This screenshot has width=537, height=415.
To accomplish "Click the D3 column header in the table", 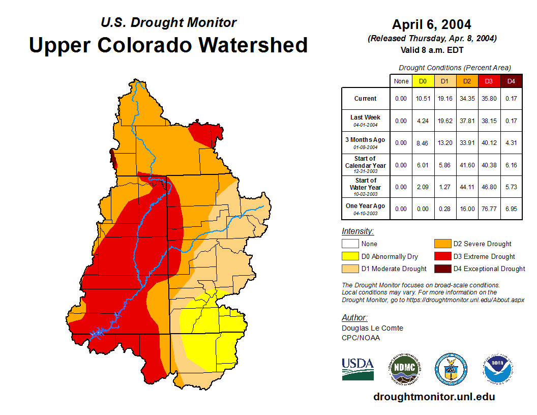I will click(489, 81).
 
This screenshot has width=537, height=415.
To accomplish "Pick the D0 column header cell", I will click(423, 81).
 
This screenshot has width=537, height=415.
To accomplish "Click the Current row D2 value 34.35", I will click(467, 99).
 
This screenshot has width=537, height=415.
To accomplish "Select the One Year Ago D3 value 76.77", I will click(489, 209).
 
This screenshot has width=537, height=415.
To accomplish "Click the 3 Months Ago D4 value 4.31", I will click(511, 143).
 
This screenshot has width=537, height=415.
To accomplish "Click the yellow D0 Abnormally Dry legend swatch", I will click(350, 256).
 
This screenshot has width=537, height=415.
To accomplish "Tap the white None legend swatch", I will click(350, 244).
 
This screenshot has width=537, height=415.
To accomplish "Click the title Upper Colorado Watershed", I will click(168, 45).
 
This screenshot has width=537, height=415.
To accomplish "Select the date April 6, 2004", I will click(431, 24).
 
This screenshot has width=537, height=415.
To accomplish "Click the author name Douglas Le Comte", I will click(372, 328).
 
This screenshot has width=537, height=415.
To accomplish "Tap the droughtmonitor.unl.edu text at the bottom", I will click(434, 397).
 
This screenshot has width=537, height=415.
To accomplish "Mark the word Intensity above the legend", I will click(357, 231).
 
